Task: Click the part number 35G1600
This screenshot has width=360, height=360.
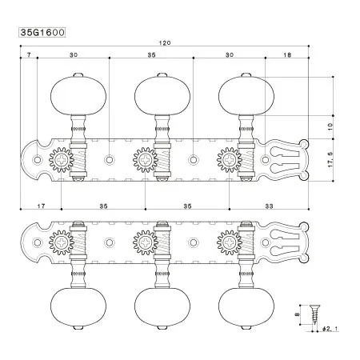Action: (41, 35)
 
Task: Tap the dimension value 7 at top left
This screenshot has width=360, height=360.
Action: (28, 56)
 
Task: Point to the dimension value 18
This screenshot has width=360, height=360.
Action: (287, 56)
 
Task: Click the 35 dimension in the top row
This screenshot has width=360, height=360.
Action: (152, 56)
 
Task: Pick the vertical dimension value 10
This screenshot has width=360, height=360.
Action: (331, 126)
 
